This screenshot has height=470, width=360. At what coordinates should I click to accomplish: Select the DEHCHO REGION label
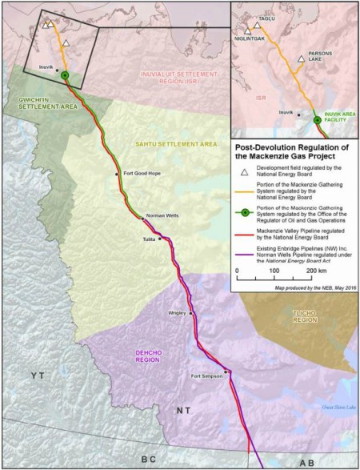(144, 354)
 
